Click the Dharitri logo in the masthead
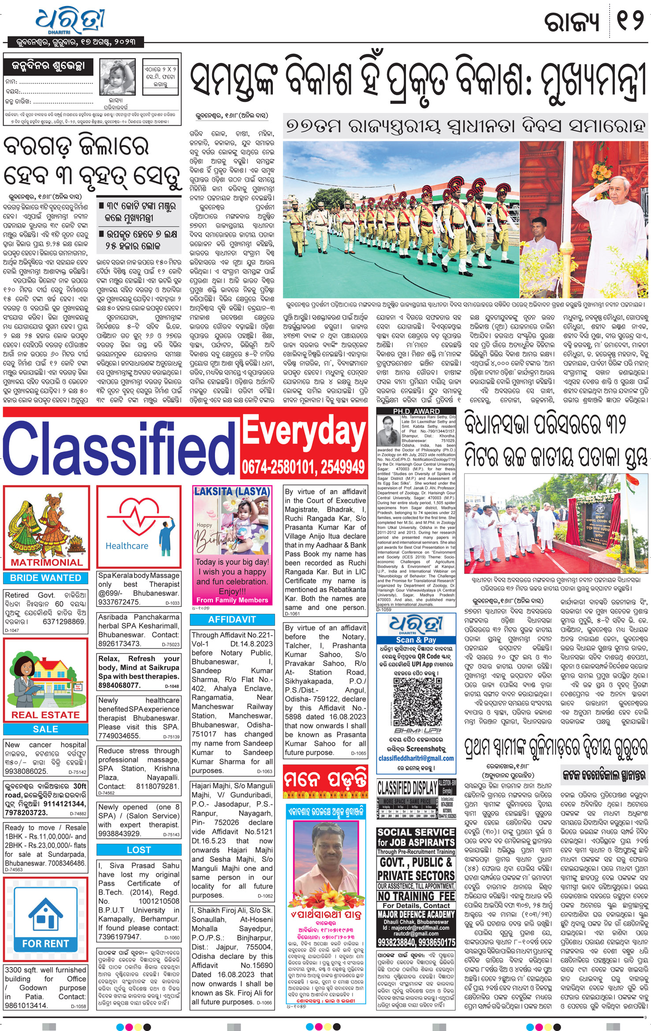(x=70, y=20)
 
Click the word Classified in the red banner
(x=114, y=450)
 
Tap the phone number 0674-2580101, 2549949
(x=304, y=466)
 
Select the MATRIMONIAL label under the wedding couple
(x=46, y=562)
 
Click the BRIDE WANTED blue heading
(x=46, y=577)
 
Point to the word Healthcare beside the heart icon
(x=127, y=546)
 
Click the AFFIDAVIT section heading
(x=232, y=619)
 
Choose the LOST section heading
(x=139, y=849)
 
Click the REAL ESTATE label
(x=46, y=715)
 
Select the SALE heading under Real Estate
(x=46, y=729)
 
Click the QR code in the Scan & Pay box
(x=416, y=698)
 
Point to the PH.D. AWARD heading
(x=416, y=411)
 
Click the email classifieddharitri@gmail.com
(x=416, y=758)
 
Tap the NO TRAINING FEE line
(x=416, y=896)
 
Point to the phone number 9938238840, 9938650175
(x=416, y=942)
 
